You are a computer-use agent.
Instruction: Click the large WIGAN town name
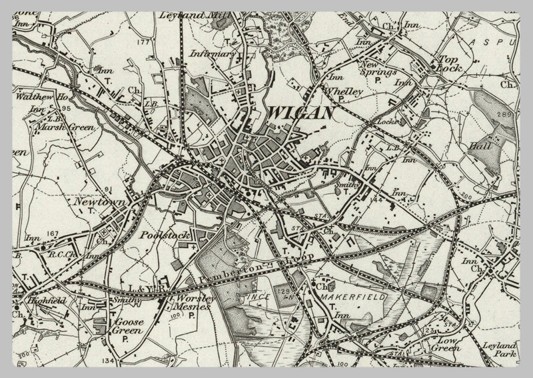click(300, 113)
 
